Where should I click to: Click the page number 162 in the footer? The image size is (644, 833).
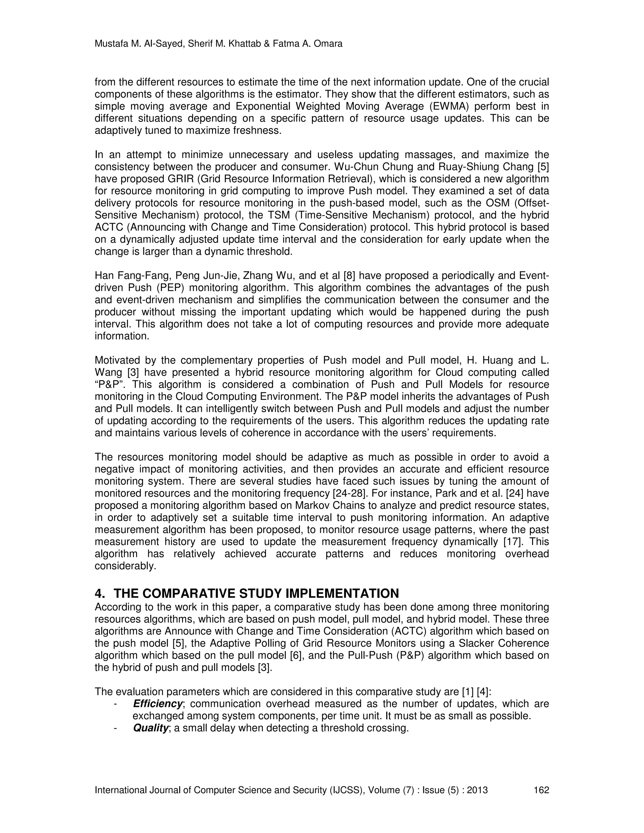point(541,790)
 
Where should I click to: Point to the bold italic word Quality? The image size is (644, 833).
point(150,728)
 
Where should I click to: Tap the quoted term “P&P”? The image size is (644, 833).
point(110,384)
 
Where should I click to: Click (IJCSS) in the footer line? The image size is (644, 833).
point(347,790)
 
